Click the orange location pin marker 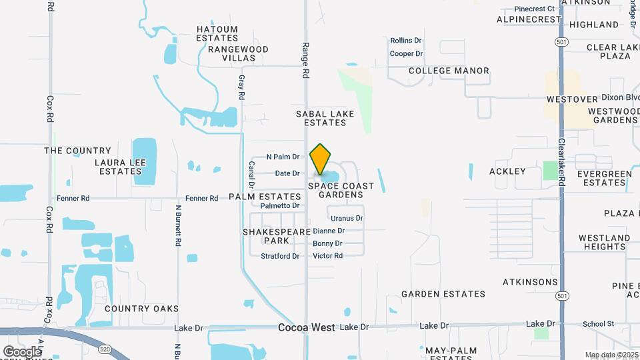tap(321, 159)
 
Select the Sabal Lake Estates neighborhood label tap(325, 119)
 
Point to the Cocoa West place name tap(307, 328)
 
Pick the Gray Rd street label tap(241, 87)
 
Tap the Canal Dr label tap(252, 174)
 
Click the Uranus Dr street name tap(347, 218)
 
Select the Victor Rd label tap(327, 256)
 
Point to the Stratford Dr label tap(280, 256)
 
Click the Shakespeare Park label tap(276, 236)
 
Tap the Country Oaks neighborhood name tap(141, 309)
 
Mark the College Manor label tap(449, 71)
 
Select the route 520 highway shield tap(104, 348)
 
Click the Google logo tap(21, 351)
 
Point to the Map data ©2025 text tap(611, 355)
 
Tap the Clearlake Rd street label tap(562, 160)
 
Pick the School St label tap(598, 324)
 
